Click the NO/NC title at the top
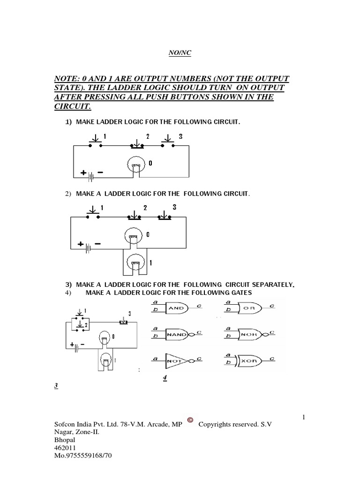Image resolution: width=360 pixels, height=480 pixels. [x=180, y=53]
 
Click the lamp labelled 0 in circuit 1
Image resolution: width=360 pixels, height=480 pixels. [x=136, y=165]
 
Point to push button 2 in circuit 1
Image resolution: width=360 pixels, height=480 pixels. [x=137, y=144]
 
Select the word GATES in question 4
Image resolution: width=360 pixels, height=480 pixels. [x=241, y=292]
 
